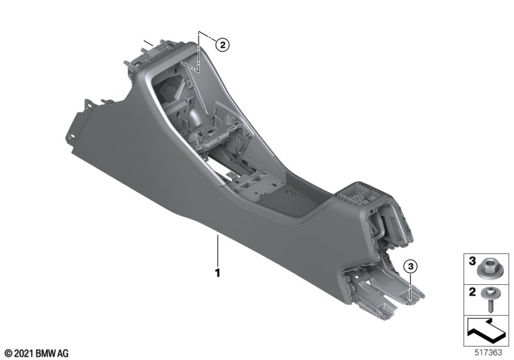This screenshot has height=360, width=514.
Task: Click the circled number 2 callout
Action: point(222,45)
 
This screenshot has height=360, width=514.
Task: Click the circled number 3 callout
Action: point(411,267)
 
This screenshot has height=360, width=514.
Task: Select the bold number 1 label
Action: point(217,273)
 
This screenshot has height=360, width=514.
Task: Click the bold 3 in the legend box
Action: point(472,261)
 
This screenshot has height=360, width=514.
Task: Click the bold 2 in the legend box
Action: point(472,291)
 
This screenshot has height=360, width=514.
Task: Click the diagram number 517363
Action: point(488,352)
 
